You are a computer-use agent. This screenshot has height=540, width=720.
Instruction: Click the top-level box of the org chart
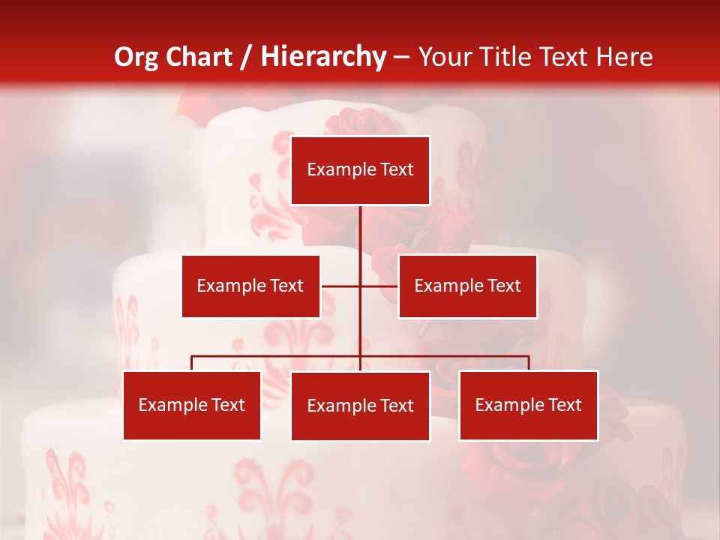360,170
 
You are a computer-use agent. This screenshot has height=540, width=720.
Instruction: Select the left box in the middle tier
250,286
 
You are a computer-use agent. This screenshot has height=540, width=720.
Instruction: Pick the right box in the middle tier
467,286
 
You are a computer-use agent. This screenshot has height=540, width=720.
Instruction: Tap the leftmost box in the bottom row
191,405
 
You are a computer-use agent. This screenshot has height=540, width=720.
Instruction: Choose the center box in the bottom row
360,406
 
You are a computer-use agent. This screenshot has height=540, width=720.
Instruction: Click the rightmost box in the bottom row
528,405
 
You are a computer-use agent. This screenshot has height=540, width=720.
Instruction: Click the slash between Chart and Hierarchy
246,57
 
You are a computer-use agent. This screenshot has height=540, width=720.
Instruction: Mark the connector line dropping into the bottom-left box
191,363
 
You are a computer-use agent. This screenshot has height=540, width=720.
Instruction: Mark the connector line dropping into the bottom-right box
529,363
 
